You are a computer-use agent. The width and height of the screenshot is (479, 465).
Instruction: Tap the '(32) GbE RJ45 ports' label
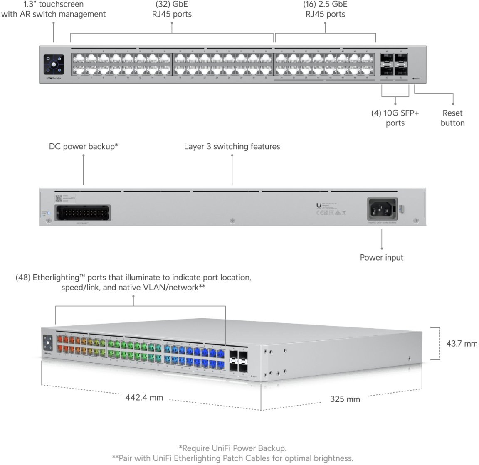tap(172, 9)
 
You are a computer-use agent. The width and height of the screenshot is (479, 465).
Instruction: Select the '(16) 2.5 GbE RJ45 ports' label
tap(325, 9)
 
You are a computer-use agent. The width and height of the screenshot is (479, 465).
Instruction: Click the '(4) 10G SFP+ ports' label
tap(395, 118)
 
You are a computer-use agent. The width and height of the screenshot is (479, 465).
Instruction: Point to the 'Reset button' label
tap(452, 118)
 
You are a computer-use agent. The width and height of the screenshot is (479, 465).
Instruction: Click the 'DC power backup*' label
tap(84, 146)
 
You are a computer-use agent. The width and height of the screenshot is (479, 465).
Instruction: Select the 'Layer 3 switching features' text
tap(232, 146)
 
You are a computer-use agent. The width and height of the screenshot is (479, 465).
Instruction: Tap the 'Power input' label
tap(381, 257)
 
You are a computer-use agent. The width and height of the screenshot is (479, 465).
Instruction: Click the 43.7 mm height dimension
tap(462, 344)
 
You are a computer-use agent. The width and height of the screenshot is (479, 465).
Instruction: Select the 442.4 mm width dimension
tap(144, 398)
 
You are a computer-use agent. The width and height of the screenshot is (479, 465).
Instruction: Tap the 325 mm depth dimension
tap(345, 399)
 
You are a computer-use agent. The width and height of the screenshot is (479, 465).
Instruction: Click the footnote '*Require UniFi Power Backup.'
tap(232, 448)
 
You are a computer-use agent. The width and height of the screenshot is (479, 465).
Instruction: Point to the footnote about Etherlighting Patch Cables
tap(232, 458)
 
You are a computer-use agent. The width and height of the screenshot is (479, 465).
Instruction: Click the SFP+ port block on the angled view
tap(238, 360)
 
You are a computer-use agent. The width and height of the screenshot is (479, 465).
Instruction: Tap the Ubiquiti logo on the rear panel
tap(319, 205)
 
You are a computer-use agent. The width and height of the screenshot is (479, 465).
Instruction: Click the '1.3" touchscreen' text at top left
tap(53, 5)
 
